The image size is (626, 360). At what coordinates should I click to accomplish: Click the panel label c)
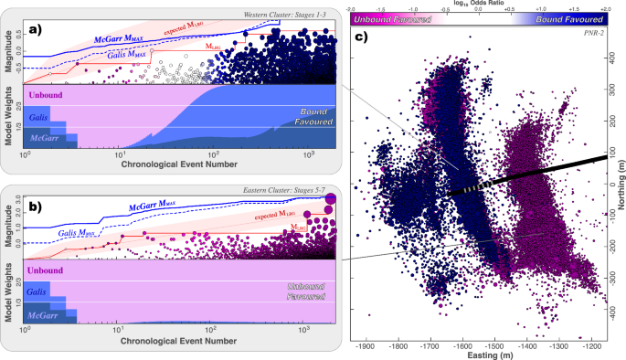coord(363,37)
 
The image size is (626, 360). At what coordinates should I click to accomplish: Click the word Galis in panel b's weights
coord(38,290)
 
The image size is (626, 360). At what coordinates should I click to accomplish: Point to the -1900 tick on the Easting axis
coord(366,348)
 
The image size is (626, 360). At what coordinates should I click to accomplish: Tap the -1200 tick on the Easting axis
coord(595,348)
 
